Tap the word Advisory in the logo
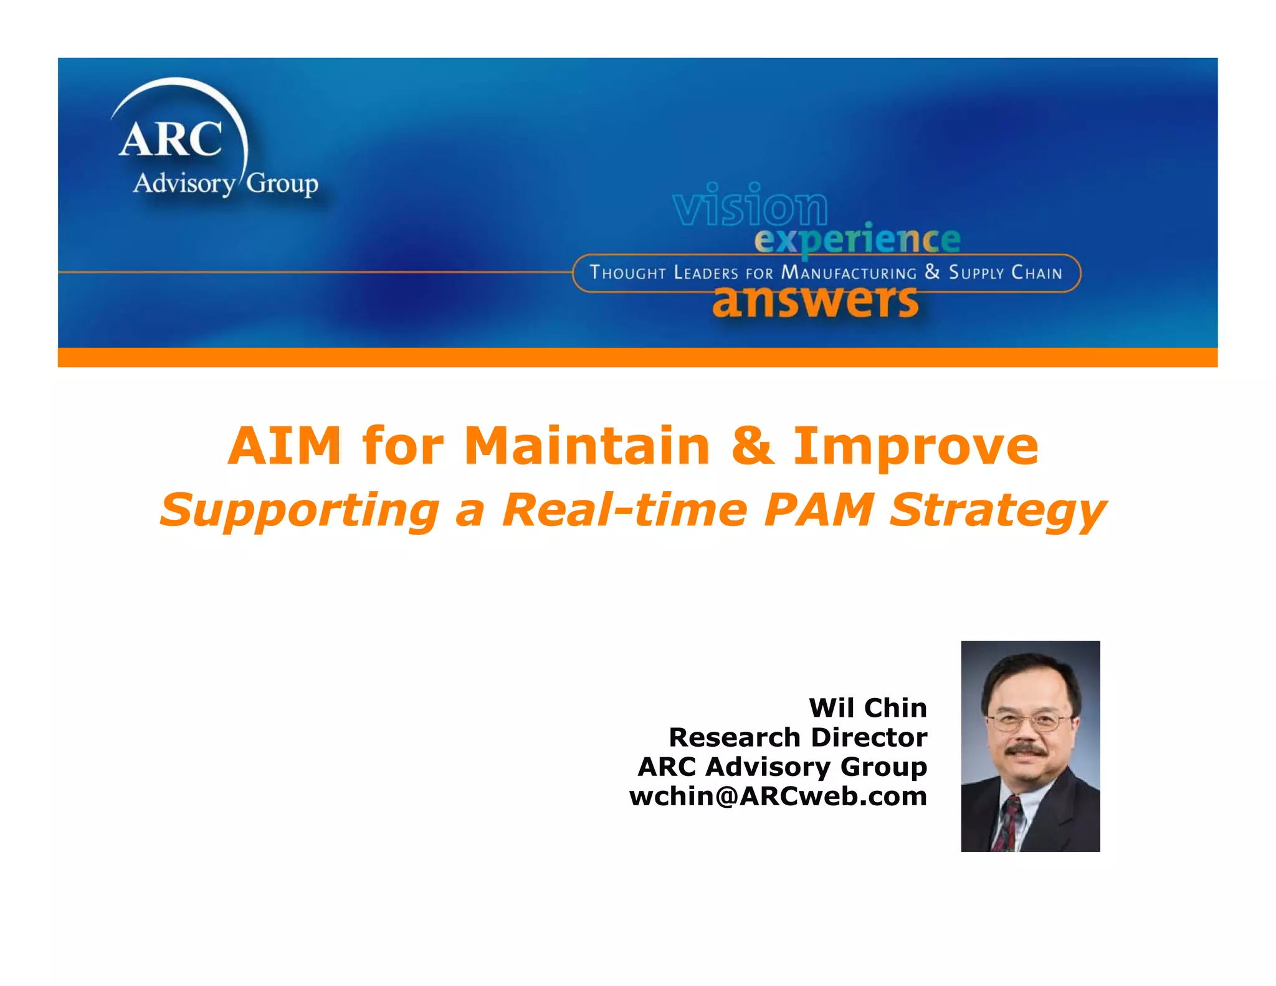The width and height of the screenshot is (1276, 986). click(184, 184)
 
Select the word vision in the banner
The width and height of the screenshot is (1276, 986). click(750, 205)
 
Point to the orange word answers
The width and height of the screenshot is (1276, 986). click(815, 302)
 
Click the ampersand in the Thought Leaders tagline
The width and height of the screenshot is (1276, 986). click(932, 272)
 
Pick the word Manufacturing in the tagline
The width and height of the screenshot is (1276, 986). click(849, 273)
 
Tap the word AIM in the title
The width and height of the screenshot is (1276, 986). click(285, 446)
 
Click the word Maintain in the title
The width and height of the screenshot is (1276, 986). click(587, 446)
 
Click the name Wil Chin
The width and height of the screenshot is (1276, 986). click(867, 708)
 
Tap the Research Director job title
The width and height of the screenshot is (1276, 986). click(797, 737)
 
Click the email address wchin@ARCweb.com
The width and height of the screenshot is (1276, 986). click(778, 797)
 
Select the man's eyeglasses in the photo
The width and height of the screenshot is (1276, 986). click(1029, 722)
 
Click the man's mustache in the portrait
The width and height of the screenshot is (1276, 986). click(1027, 750)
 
